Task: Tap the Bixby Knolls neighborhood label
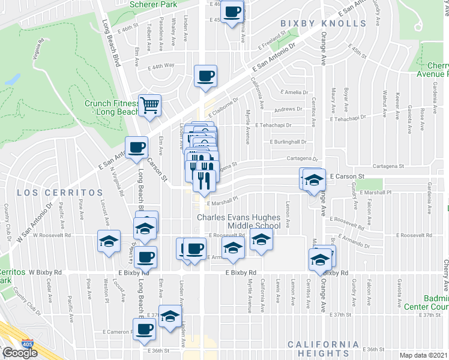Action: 323,23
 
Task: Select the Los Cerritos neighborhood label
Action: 60,193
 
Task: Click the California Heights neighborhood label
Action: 323,344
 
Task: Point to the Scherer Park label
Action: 154,4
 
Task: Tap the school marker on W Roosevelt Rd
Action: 108,241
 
